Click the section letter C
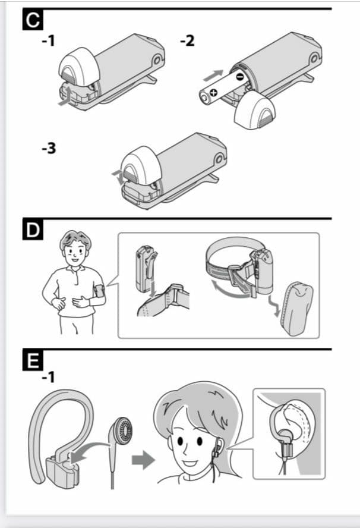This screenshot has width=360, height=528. point(33,20)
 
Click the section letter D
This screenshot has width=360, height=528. point(33,230)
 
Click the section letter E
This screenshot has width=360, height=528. point(33,360)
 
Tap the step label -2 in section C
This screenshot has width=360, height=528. point(187,41)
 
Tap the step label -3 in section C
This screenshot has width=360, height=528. point(49,148)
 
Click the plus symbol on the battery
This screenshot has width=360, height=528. point(214,93)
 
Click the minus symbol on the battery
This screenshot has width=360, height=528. point(239,77)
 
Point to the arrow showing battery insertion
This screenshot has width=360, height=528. point(213,75)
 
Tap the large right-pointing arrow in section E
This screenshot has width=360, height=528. point(143,459)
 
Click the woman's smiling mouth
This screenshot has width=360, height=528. point(190,463)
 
